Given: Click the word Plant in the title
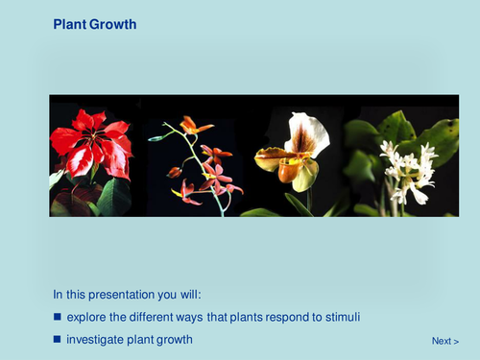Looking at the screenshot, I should pos(69,23).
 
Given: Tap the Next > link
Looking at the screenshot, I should pos(444,341).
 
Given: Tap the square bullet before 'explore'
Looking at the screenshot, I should pos(58,317).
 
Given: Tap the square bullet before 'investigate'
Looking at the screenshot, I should pos(58,340).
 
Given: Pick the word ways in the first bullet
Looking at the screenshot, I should pos(203,317).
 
